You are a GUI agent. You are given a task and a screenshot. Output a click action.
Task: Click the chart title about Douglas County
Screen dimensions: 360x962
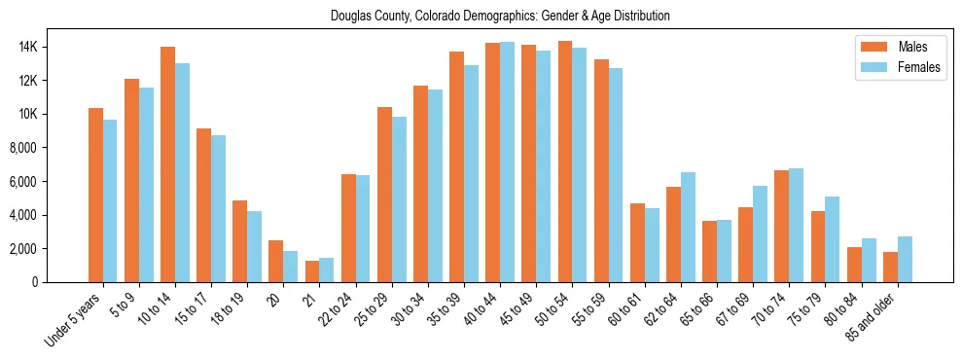(x=500, y=17)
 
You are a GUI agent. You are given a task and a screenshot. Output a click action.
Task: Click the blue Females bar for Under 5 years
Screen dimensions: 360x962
(x=110, y=201)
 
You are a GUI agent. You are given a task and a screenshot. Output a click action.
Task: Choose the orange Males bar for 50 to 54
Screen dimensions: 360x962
(x=565, y=162)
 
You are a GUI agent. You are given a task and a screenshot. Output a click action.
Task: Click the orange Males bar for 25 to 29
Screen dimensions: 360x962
(x=384, y=195)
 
